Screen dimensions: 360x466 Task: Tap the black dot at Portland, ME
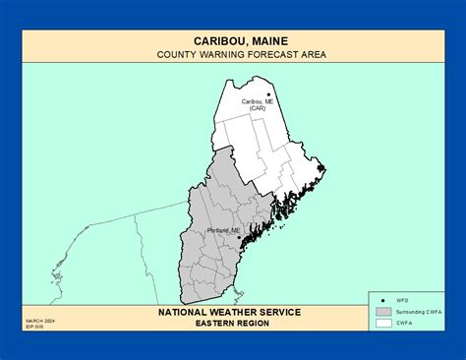(x=240, y=236)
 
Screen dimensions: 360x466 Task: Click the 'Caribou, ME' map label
(x=257, y=101)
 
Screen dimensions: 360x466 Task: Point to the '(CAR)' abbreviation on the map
(x=257, y=108)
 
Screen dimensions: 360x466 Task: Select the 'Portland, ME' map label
(x=224, y=230)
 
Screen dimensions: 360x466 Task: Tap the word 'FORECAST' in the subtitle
(x=270, y=55)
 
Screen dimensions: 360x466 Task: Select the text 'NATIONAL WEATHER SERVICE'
(x=229, y=312)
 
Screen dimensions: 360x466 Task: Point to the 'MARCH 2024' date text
(x=38, y=320)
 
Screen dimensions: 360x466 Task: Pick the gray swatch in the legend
(x=382, y=311)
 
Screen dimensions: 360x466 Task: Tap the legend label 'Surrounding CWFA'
(x=418, y=311)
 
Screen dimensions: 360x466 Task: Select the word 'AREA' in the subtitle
(x=314, y=55)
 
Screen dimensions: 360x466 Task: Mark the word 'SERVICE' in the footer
(x=280, y=312)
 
